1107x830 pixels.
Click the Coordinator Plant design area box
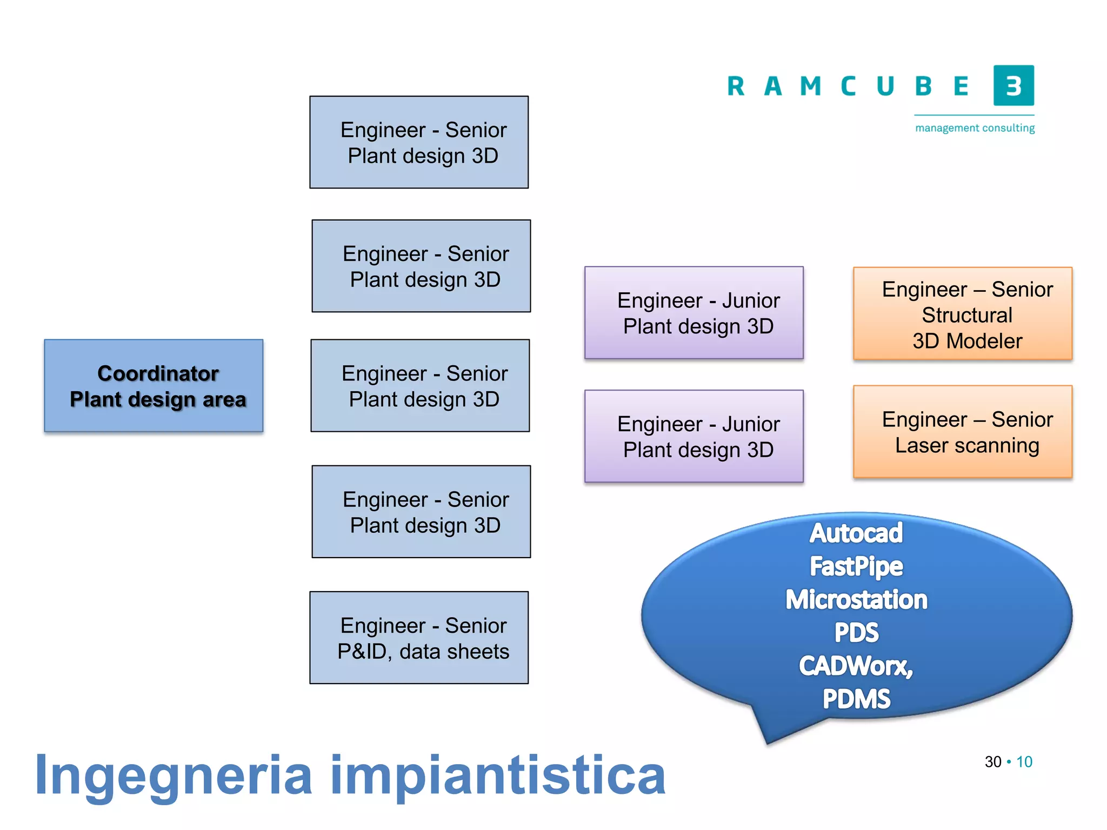click(x=154, y=385)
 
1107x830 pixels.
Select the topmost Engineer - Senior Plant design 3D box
click(x=419, y=142)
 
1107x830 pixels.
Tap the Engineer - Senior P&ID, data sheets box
click(x=419, y=638)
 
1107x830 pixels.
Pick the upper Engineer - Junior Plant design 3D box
click(x=694, y=313)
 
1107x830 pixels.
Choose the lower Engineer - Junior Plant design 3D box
click(x=694, y=436)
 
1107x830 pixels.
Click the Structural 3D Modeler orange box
click(x=963, y=313)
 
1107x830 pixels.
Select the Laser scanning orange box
click(x=963, y=432)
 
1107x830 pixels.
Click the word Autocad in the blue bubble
click(x=856, y=533)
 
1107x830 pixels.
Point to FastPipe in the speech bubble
click(x=856, y=566)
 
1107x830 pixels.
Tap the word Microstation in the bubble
click(x=856, y=600)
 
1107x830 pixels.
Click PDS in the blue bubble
click(x=856, y=633)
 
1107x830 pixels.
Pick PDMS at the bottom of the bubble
click(x=856, y=699)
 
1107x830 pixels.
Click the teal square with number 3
click(x=1013, y=85)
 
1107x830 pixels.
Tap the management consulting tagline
click(x=975, y=128)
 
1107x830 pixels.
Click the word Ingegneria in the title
click(x=173, y=776)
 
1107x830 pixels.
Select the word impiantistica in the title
click(x=497, y=776)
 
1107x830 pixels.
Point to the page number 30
click(x=993, y=762)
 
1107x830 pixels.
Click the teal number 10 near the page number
click(x=1024, y=762)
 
